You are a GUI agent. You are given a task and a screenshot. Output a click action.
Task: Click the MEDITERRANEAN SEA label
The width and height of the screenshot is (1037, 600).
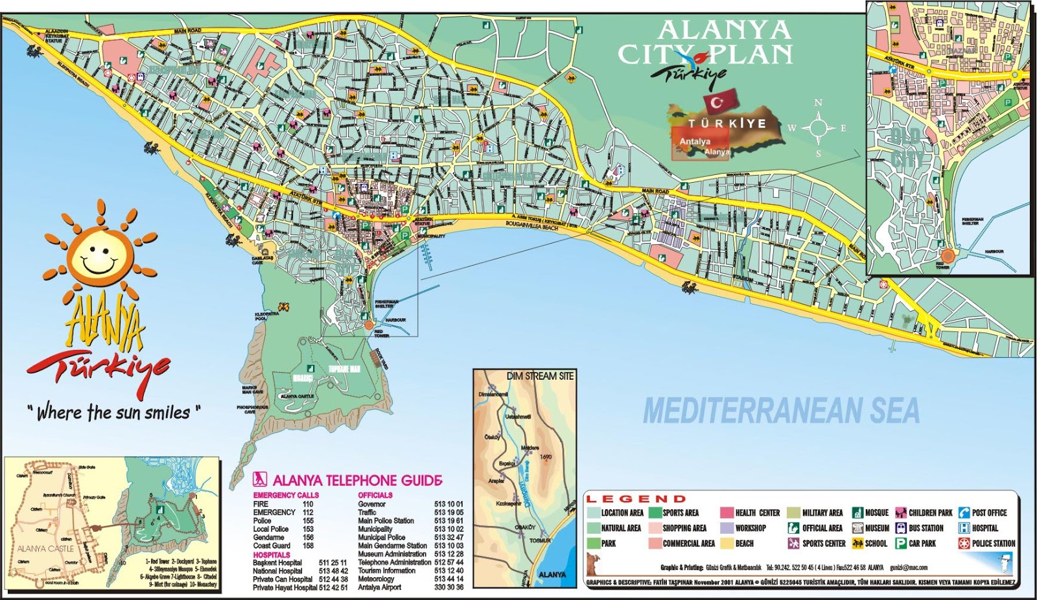click(x=781, y=411)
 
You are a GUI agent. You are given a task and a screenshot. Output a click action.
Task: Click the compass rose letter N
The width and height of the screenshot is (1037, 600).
click(x=819, y=103)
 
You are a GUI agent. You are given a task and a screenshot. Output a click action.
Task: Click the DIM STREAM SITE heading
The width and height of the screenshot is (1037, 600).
click(x=540, y=376)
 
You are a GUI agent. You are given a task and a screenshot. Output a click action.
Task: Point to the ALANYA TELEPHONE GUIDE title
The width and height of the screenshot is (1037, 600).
click(x=357, y=481)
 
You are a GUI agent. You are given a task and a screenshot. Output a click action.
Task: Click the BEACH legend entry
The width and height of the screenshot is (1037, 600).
click(x=744, y=544)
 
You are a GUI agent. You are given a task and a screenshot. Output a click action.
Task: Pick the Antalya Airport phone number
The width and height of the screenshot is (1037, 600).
click(x=449, y=588)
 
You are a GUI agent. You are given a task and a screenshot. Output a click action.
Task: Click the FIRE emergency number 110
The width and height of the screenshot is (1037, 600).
click(x=308, y=504)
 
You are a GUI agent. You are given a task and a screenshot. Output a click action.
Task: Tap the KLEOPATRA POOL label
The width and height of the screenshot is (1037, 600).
click(x=266, y=316)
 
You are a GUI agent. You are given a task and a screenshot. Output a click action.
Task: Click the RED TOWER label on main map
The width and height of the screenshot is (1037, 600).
click(x=381, y=334)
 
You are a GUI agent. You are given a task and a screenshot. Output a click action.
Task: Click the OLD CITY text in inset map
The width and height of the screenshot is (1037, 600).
click(x=905, y=148)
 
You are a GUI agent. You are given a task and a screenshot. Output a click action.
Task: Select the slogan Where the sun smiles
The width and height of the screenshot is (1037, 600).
click(x=114, y=412)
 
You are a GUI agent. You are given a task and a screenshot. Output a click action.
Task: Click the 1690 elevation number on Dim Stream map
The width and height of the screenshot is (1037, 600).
click(x=546, y=457)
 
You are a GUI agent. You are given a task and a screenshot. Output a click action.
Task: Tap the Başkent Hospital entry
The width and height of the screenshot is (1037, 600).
click(x=277, y=563)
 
